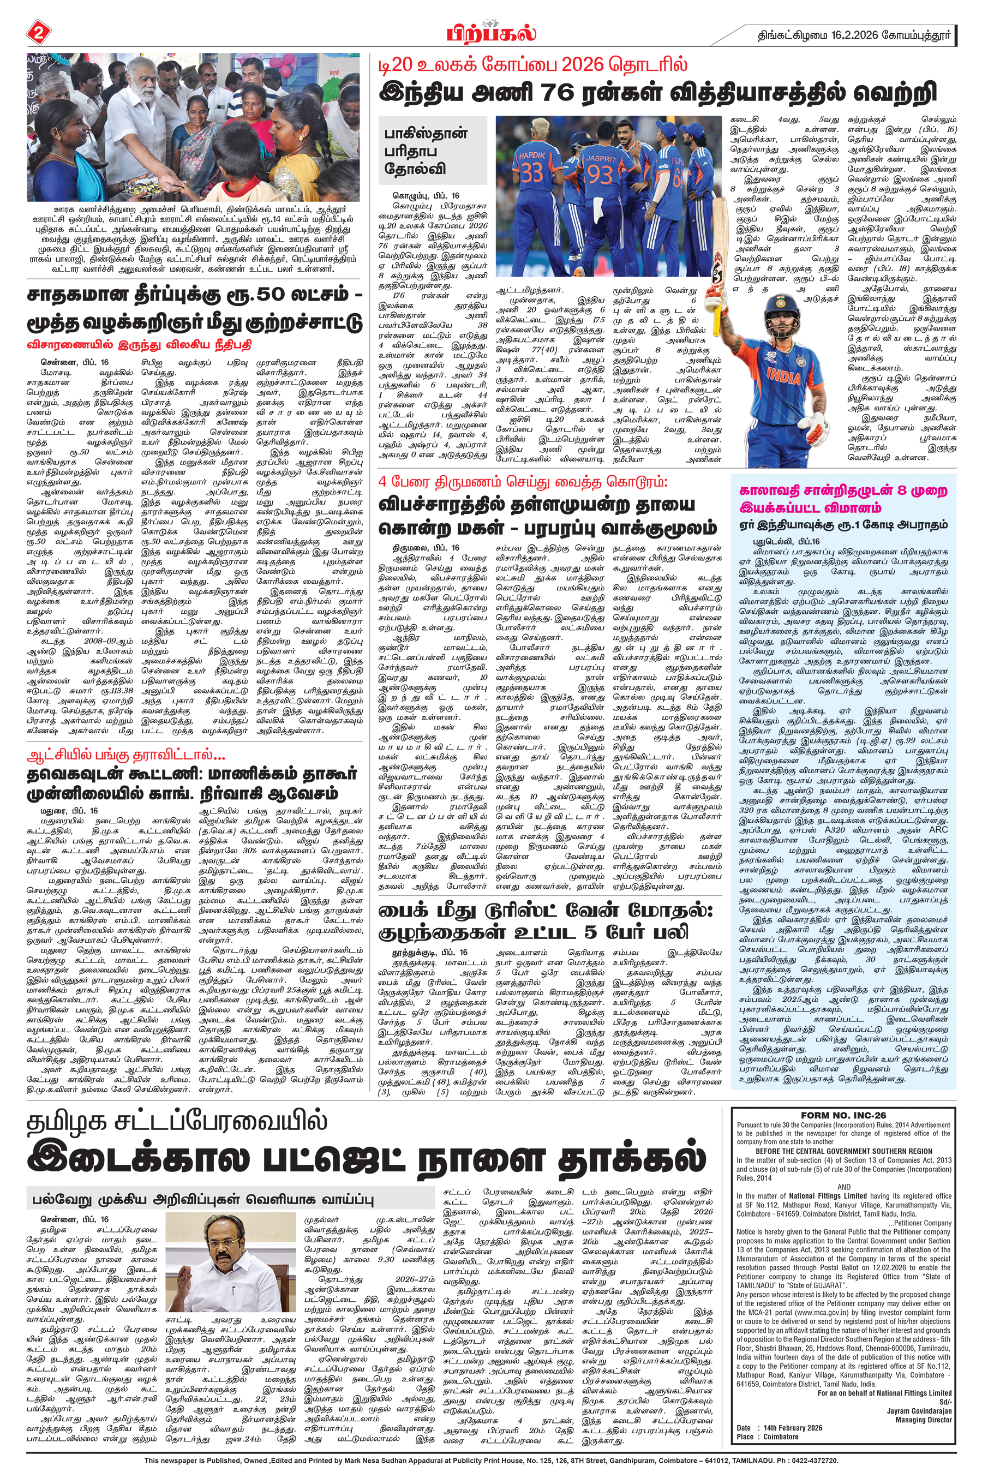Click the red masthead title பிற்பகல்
491,33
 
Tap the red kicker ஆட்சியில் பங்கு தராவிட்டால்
126,755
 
